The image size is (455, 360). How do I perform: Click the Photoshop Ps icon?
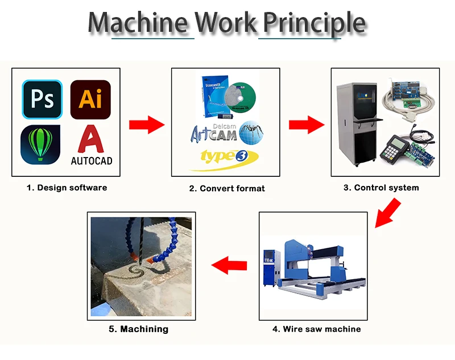(42, 99)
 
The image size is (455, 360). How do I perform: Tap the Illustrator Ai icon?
(90, 99)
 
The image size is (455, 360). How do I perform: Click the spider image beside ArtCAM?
(251, 131)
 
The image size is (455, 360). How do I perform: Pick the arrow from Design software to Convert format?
(147, 125)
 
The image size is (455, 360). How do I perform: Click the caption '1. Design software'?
(67, 187)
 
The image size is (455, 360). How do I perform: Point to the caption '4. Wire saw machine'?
(316, 329)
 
